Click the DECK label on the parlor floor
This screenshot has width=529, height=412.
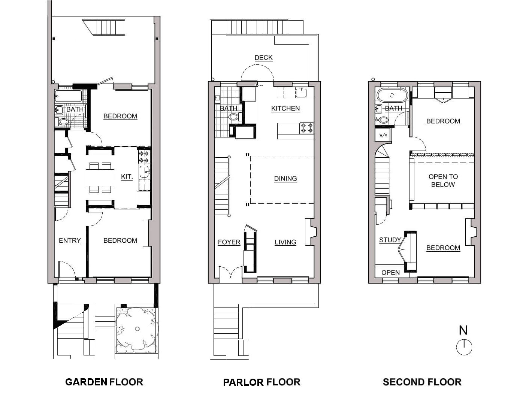point(263,58)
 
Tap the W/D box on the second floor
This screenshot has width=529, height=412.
point(383,135)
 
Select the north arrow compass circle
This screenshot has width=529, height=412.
point(464,347)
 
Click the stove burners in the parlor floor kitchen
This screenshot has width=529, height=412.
point(307,128)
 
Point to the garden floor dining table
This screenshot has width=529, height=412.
point(100,178)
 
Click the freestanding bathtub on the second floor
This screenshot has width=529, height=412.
point(392,96)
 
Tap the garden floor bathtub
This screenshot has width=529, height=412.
point(69,96)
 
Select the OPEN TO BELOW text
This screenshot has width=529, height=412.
point(443,181)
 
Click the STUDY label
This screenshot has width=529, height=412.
point(390,240)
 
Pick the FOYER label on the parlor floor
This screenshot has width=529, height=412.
point(229,242)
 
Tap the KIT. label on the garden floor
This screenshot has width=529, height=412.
point(127,177)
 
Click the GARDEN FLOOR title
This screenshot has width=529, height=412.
point(104,382)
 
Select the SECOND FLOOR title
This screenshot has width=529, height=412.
point(422,382)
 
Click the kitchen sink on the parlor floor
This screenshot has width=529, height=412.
point(301,93)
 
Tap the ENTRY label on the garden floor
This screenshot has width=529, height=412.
point(70,240)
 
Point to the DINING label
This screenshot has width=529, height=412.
point(285,179)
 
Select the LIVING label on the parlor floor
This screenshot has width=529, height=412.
point(285,242)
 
